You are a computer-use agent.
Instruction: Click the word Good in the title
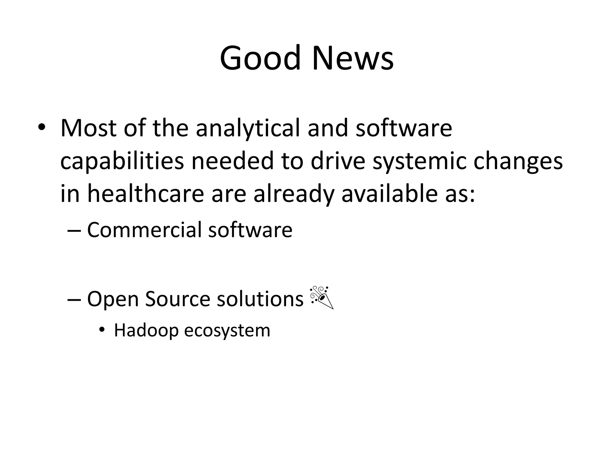tap(260, 58)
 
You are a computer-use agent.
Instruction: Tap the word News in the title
tap(353, 58)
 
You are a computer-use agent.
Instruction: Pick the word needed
tap(232, 161)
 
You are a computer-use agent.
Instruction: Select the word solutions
tap(260, 299)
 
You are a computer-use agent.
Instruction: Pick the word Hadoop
tap(146, 330)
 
